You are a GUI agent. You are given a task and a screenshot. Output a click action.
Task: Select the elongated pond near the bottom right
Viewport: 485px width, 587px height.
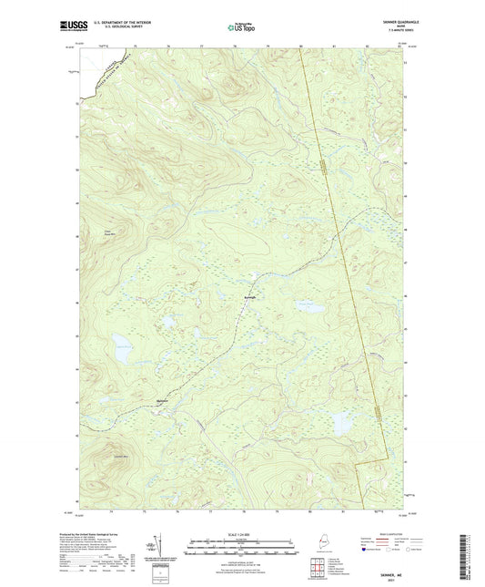point(342,424)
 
